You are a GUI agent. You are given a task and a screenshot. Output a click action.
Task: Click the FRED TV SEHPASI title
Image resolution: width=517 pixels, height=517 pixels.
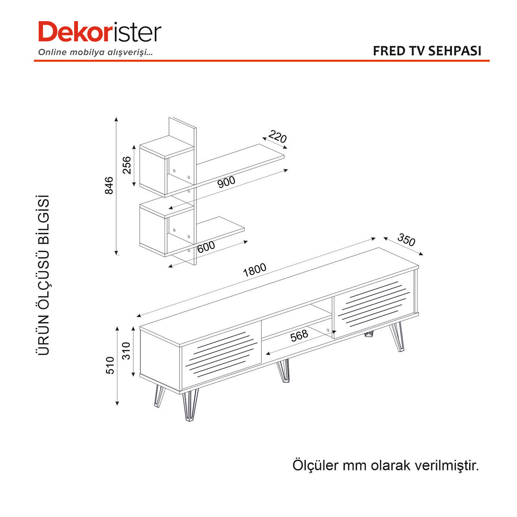click(x=427, y=51)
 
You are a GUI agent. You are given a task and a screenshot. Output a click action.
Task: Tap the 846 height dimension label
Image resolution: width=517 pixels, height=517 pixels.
click(x=109, y=185)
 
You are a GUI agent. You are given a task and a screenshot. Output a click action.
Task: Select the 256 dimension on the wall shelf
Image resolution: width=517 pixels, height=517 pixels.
click(x=127, y=165)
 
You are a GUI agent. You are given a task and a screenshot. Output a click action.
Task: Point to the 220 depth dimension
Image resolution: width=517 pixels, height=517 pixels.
click(x=277, y=137)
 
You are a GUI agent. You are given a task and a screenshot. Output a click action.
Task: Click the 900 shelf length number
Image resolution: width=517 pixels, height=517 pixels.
click(x=226, y=182)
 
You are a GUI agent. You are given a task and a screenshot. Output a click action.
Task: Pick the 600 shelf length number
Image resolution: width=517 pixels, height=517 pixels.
click(x=206, y=247)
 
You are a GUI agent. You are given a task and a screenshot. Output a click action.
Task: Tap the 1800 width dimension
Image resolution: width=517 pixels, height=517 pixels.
click(x=255, y=270)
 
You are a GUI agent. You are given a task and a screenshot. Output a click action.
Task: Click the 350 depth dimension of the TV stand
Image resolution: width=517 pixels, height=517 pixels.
click(x=406, y=240)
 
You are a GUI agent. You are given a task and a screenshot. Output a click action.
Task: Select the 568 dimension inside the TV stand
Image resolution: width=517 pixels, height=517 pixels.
click(x=299, y=335)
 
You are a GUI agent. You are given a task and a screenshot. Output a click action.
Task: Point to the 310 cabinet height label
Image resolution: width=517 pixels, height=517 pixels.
click(x=126, y=351)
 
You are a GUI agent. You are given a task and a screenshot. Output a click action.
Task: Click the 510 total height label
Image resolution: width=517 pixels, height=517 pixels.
click(x=110, y=365)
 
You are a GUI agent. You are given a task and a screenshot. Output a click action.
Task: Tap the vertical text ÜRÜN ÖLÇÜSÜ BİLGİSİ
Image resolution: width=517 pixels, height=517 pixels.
click(x=43, y=275)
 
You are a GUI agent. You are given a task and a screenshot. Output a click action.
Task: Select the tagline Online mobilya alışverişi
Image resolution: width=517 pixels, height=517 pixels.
click(x=96, y=52)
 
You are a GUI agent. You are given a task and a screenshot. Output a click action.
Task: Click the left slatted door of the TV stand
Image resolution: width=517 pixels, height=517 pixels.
click(x=221, y=354)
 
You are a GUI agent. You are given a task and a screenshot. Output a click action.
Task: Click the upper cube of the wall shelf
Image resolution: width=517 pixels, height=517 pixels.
click(x=167, y=166)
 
